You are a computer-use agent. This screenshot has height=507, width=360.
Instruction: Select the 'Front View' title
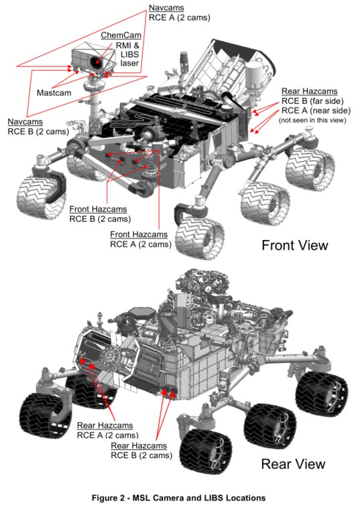pyautogui.click(x=295, y=245)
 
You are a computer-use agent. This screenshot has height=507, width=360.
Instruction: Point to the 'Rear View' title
pyautogui.click(x=293, y=463)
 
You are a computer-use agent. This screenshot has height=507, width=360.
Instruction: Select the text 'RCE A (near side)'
pyautogui.click(x=314, y=111)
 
